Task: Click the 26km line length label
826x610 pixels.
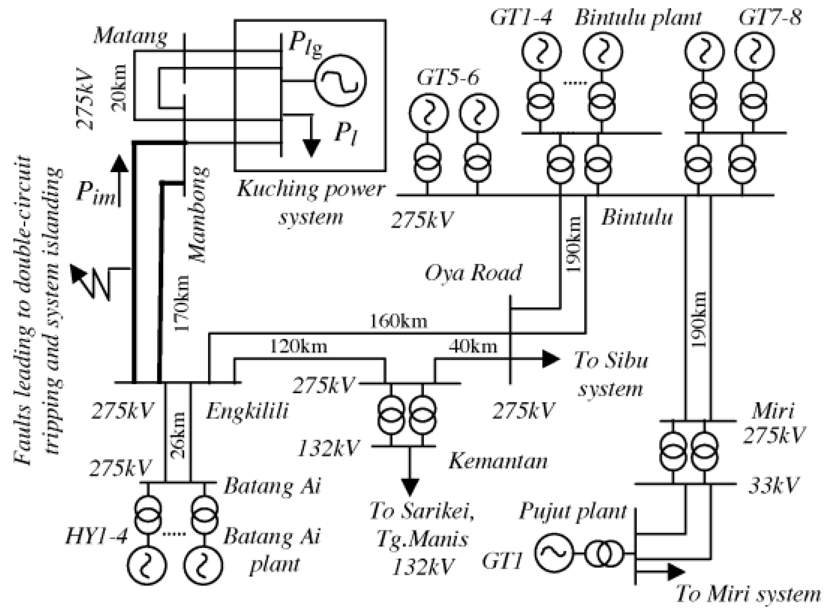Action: coord(178,435)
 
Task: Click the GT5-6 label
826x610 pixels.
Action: coord(448,78)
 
